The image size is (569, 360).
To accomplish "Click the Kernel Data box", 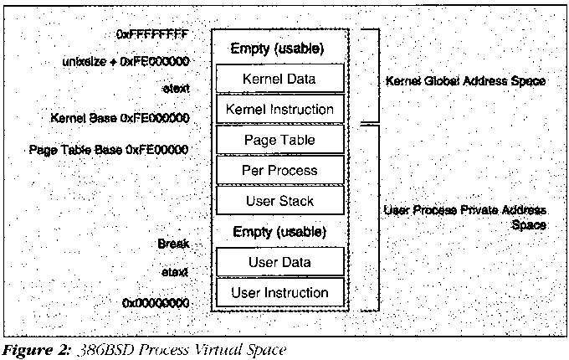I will click(279, 80).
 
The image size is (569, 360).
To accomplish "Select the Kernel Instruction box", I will click(279, 109).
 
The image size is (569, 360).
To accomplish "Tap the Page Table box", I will click(279, 139).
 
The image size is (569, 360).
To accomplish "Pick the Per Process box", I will click(279, 170).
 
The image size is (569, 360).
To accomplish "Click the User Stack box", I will click(279, 201).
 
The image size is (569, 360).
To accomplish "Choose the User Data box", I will click(279, 262).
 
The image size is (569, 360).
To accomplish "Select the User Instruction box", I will click(279, 293).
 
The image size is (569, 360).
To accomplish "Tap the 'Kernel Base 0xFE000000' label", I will click(120, 119).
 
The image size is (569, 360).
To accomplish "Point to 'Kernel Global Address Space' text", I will click(465, 81).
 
